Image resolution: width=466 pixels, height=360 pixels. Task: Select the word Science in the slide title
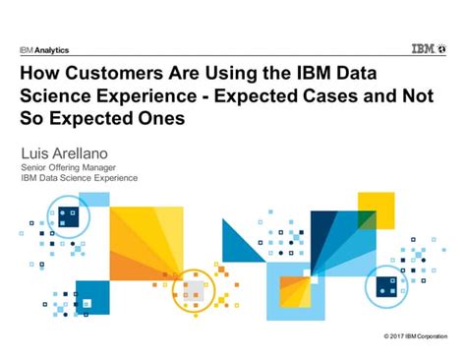(x=60, y=96)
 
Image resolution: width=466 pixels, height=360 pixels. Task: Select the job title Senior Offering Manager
(x=75, y=167)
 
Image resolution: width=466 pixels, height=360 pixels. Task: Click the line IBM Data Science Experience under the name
(x=80, y=178)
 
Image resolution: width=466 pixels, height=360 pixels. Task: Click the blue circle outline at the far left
(x=65, y=217)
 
